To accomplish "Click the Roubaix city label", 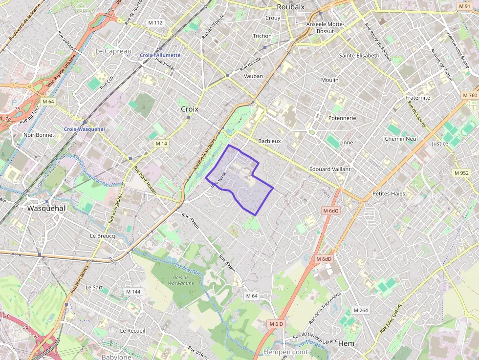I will pyautogui.click(x=290, y=7).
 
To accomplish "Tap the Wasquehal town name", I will pyautogui.click(x=46, y=208).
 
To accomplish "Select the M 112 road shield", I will pyautogui.click(x=155, y=23).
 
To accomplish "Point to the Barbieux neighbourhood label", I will pyautogui.click(x=269, y=141).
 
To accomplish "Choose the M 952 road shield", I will pyautogui.click(x=461, y=173).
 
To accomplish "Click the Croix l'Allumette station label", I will pyautogui.click(x=160, y=55).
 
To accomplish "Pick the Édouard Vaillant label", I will pyautogui.click(x=330, y=169).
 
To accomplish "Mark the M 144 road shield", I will pyautogui.click(x=133, y=292).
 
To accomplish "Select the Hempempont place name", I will pyautogui.click(x=285, y=352).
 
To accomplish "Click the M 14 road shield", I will pyautogui.click(x=161, y=144).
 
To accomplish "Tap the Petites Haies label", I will pyautogui.click(x=389, y=193).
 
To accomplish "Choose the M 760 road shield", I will pyautogui.click(x=469, y=95).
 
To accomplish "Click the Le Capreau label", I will pyautogui.click(x=113, y=51).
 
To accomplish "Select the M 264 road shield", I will pyautogui.click(x=360, y=310).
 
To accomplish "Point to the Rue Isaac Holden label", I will pyautogui.click(x=145, y=181).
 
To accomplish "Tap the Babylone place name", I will pyautogui.click(x=116, y=357).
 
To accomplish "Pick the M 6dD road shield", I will pyautogui.click(x=324, y=259).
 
